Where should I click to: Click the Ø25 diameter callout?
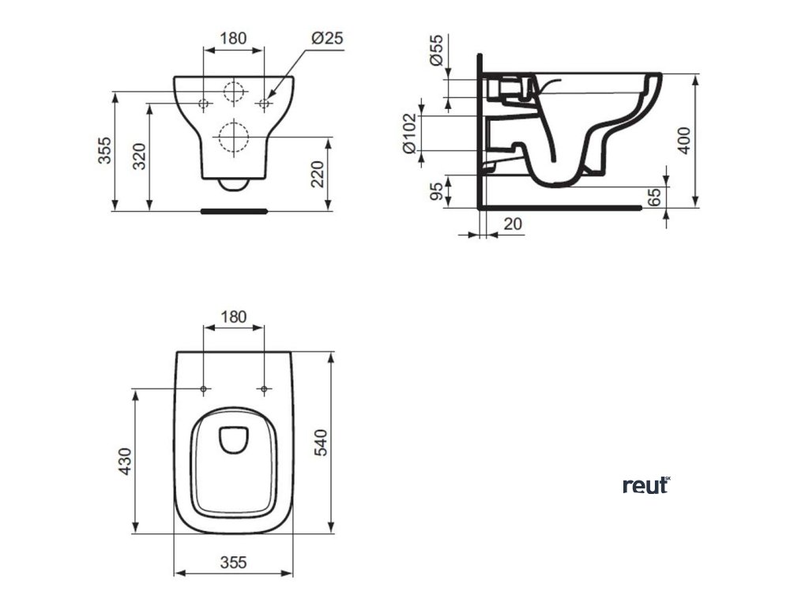coord(325,37)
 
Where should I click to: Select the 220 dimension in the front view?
coord(317,174)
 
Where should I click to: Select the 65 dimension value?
coord(654,196)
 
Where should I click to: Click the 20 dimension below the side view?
coord(512,224)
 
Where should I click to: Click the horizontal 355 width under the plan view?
coord(234,562)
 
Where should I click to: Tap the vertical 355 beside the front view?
coord(105,151)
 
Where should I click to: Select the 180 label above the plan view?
coord(233,316)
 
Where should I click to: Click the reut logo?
coord(646,484)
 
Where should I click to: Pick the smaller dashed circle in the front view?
coord(234,91)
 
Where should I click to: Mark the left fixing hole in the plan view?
coord(204,389)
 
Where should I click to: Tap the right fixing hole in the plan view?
coord(265,389)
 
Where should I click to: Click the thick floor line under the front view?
coord(235,211)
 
